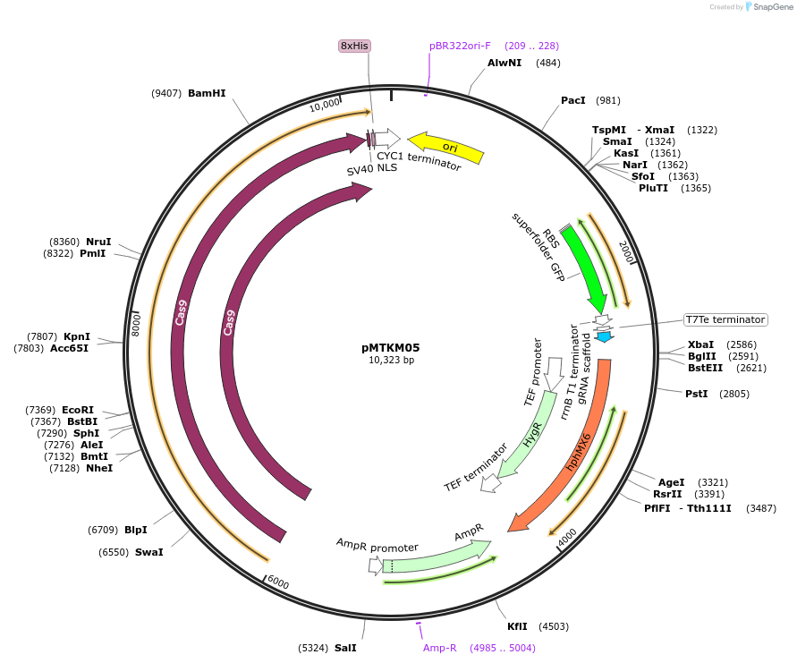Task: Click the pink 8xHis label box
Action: [354, 46]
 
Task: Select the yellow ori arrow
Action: [446, 148]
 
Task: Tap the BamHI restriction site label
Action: [207, 93]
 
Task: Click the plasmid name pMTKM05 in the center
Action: [391, 347]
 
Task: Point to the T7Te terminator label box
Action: [725, 319]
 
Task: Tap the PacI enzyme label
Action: [572, 100]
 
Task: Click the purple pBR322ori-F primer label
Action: [460, 46]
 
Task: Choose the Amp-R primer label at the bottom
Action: [440, 648]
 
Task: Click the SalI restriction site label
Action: [345, 648]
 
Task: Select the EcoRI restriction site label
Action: [78, 410]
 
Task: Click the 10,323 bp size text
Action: [391, 361]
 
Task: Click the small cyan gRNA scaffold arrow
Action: [605, 336]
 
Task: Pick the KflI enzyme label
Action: [517, 626]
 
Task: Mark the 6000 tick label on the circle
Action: [278, 582]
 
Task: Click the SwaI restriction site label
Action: [148, 552]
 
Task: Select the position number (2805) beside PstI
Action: [733, 394]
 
